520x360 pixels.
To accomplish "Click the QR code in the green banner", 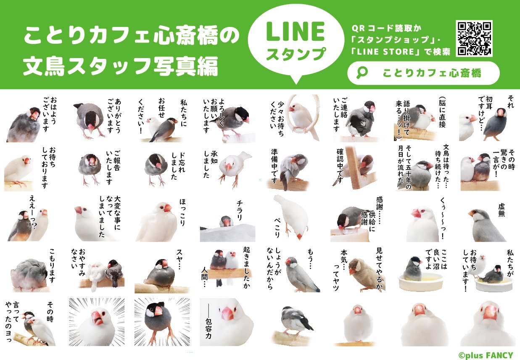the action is point(474,38).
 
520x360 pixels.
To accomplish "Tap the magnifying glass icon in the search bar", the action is point(362,73).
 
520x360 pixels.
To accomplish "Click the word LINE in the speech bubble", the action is point(295,32).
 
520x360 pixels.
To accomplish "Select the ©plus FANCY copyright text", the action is point(486,355).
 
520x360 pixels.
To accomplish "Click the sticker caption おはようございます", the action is point(50,114).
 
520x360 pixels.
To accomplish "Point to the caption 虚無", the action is point(501,210).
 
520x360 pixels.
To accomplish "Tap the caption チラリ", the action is point(239,210).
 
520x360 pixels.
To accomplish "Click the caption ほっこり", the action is point(182,212).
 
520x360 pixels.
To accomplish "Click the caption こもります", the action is point(52,265).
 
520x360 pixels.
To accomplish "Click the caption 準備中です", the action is point(274,166).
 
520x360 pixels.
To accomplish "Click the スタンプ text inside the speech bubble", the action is point(296,54).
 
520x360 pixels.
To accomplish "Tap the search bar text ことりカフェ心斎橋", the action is point(432,73).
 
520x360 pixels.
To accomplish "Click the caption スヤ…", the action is point(179,259).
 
